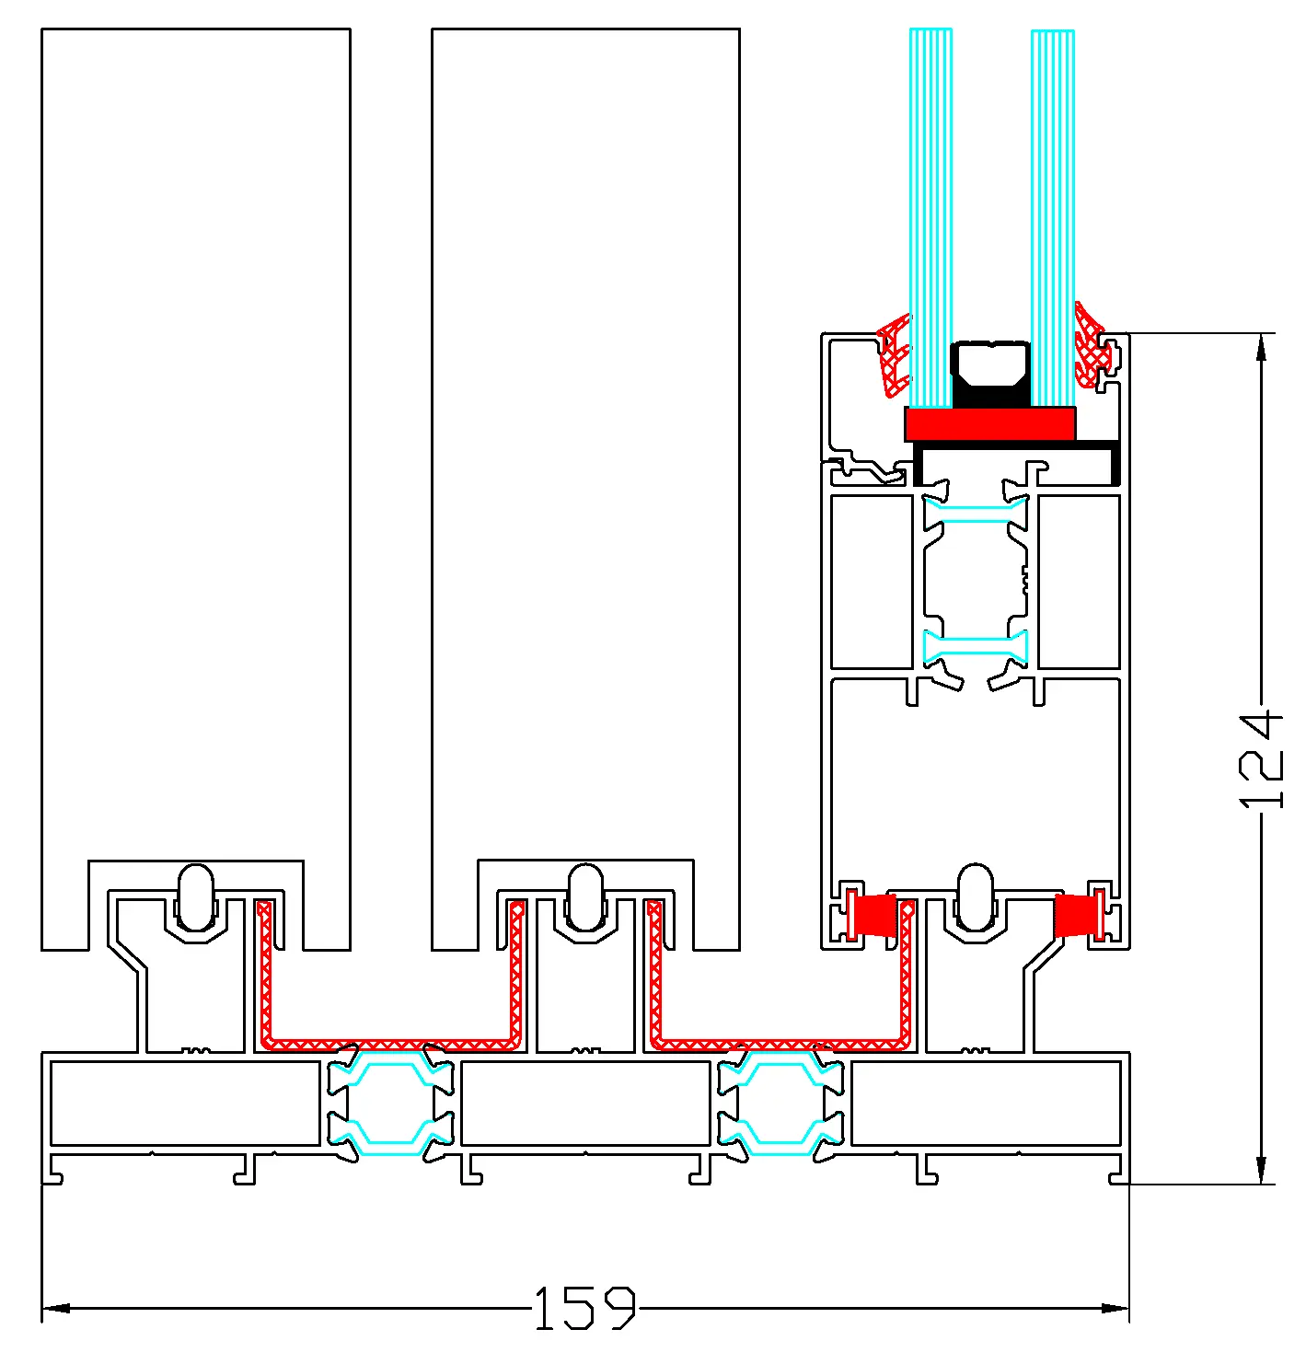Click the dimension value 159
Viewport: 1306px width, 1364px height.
pos(584,1308)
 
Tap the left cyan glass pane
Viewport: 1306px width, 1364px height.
pos(931,217)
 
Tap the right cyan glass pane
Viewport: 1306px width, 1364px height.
pos(1052,217)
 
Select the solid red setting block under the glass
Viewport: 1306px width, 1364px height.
pos(989,424)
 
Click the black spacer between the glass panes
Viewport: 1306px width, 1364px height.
pos(989,374)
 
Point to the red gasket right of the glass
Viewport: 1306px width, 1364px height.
pos(1092,345)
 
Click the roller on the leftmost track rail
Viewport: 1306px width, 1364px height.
pos(196,898)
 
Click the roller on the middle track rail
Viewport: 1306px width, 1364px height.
pos(584,898)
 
